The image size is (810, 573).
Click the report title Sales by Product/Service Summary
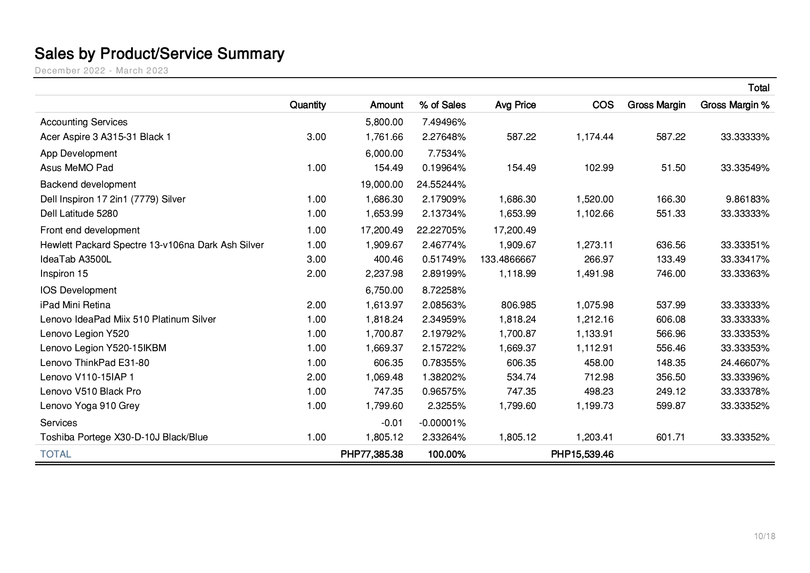[x=159, y=54]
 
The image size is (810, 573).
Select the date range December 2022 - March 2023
[x=102, y=71]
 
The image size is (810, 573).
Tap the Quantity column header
[x=307, y=105]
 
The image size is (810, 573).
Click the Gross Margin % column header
[x=735, y=105]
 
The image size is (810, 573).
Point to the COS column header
[x=603, y=105]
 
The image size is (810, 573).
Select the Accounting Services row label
[x=84, y=122]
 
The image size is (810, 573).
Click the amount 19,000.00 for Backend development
[x=382, y=184]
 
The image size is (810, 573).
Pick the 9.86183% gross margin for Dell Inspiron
[x=750, y=199]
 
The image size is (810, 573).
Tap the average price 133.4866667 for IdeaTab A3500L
[x=508, y=259]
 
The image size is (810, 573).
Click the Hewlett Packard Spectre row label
[x=152, y=245]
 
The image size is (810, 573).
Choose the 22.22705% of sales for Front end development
[x=441, y=230]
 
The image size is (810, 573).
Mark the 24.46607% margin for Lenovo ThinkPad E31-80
[x=745, y=363]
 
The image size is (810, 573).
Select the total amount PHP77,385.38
[x=372, y=454]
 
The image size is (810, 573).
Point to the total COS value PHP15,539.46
[x=582, y=454]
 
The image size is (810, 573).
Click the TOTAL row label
[x=55, y=454]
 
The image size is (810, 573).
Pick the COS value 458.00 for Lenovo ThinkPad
[x=599, y=363]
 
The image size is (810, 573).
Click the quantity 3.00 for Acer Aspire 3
[x=316, y=137]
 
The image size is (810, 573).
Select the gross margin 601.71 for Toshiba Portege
[x=671, y=437]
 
